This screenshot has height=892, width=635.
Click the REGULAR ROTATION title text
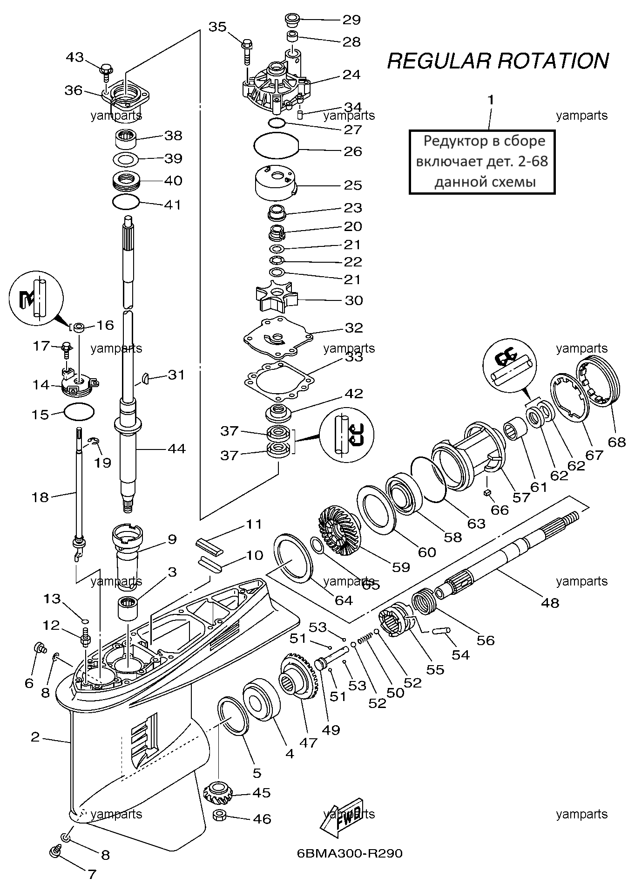pos(498,61)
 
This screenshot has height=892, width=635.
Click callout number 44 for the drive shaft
pos(176,449)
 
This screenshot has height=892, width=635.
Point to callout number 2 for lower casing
pos(35,737)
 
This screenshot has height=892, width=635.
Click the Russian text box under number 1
pos(482,162)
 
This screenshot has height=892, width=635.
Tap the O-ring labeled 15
pos(79,411)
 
